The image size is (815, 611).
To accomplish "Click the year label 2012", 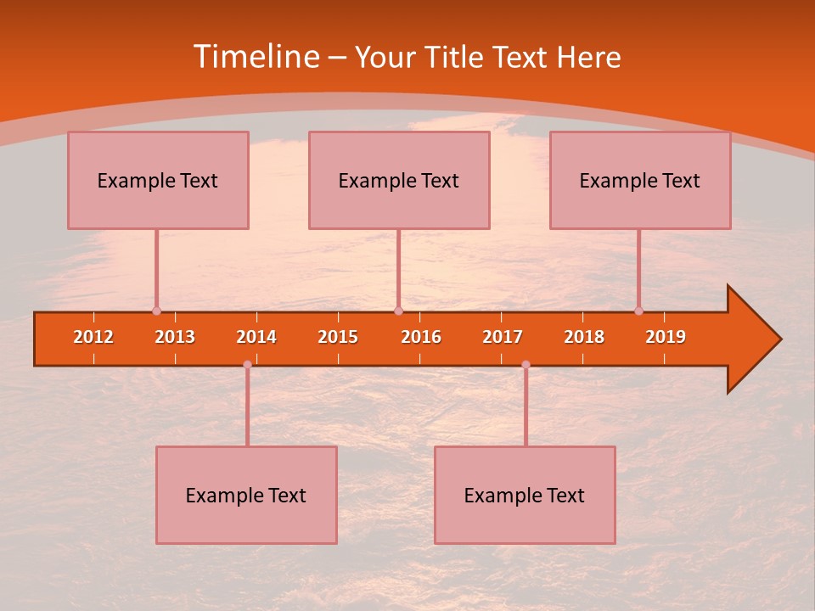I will click(93, 337).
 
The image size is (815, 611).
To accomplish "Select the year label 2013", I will click(175, 337).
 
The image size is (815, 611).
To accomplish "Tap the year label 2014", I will click(256, 337).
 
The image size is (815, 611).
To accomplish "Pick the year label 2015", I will click(338, 337).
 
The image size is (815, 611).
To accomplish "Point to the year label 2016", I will click(421, 337).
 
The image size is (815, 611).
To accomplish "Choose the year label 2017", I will click(503, 337).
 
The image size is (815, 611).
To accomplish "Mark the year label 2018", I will click(584, 337).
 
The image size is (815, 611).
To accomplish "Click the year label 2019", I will click(666, 337).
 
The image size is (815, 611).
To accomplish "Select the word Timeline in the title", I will click(255, 57).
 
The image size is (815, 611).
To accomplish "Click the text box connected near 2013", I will click(158, 180).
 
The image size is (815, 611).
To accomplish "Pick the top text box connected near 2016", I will click(399, 180).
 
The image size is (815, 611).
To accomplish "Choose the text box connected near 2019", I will click(640, 180).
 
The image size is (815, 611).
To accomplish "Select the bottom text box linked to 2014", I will click(246, 495).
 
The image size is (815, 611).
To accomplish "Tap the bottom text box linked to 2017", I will click(525, 495).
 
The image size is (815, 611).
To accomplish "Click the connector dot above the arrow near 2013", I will click(156, 311).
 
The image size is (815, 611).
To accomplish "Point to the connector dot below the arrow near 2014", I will click(247, 364).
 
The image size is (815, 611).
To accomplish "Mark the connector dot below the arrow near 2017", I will click(526, 364).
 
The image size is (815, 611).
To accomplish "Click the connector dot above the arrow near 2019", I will click(638, 311).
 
